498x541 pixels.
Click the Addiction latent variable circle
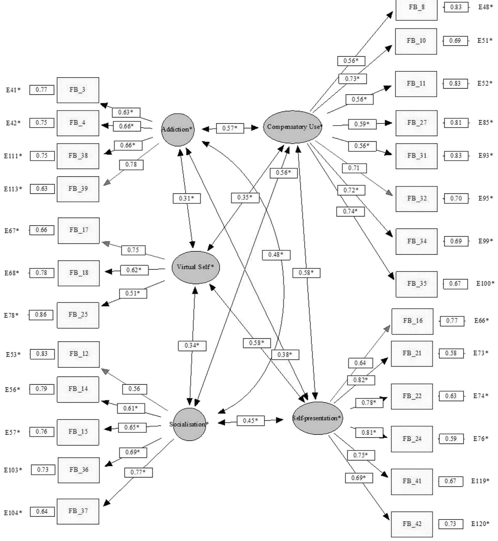pyautogui.click(x=178, y=130)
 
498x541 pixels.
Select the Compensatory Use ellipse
pyautogui.click(x=293, y=127)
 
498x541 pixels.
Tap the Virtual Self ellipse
pyautogui.click(x=196, y=267)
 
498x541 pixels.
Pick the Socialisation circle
pyautogui.click(x=189, y=424)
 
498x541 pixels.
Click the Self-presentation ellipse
pyautogui.click(x=317, y=418)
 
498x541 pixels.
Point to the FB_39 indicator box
pyautogui.click(x=78, y=189)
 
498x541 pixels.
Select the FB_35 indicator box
pyautogui.click(x=416, y=284)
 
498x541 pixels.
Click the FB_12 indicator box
pyautogui.click(x=78, y=354)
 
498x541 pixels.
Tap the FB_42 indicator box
pyautogui.click(x=412, y=524)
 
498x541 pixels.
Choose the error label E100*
pyautogui.click(x=485, y=283)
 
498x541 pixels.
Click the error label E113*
pyautogui.click(x=13, y=189)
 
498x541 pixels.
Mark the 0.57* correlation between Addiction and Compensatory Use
pyautogui.click(x=230, y=128)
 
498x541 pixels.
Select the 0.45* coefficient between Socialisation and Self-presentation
pyautogui.click(x=250, y=420)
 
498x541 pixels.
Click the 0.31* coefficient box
pyautogui.click(x=187, y=199)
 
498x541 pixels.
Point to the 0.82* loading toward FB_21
pyautogui.click(x=361, y=380)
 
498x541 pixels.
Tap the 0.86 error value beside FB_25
pyautogui.click(x=41, y=315)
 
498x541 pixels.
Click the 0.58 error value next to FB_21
pyautogui.click(x=451, y=353)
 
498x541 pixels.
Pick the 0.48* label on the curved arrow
pyautogui.click(x=276, y=255)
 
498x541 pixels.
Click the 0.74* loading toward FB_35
pyautogui.click(x=350, y=211)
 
